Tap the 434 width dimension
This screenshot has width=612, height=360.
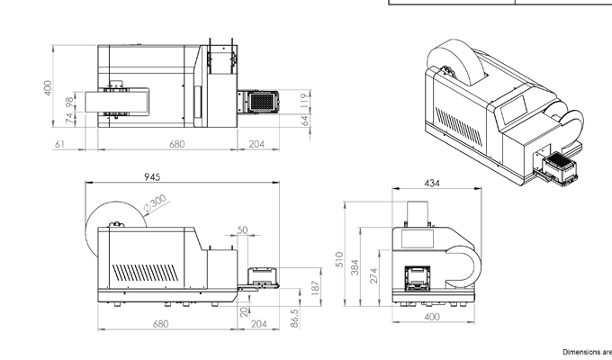tap(432, 184)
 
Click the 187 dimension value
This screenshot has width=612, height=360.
tap(315, 287)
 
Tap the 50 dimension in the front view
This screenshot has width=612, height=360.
tap(242, 230)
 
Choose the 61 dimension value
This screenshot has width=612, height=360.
tap(59, 144)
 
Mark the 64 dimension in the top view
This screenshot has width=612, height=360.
tap(305, 121)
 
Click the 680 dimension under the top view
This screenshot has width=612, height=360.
tap(176, 144)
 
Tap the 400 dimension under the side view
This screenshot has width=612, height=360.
tap(432, 318)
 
